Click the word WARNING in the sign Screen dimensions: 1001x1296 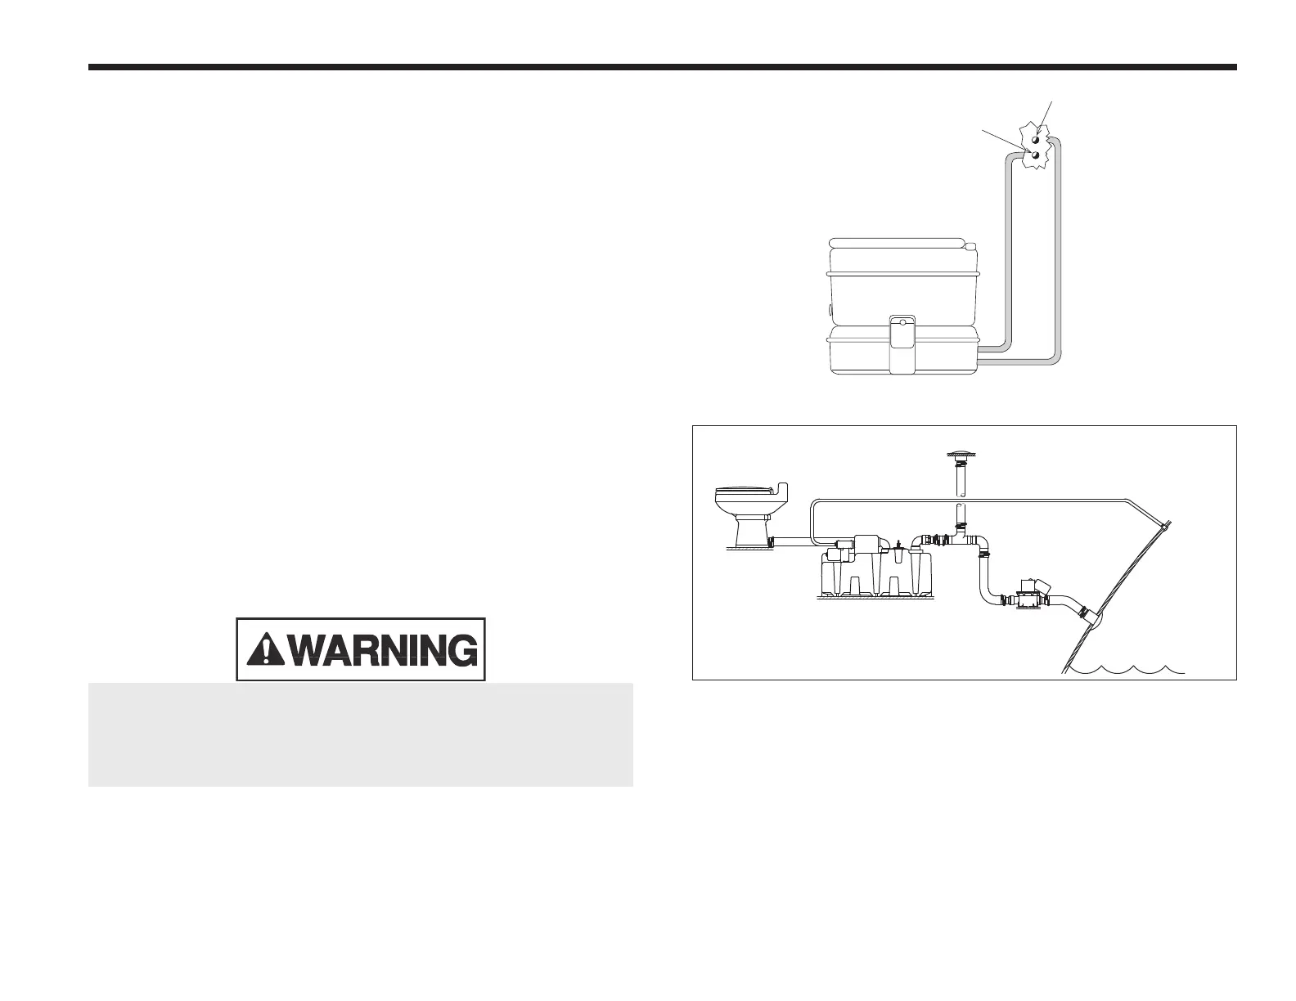pos(383,650)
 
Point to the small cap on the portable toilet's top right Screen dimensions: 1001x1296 pos(971,246)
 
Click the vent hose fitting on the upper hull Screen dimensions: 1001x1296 pos(1165,524)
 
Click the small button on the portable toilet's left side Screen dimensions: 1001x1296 pos(830,310)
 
